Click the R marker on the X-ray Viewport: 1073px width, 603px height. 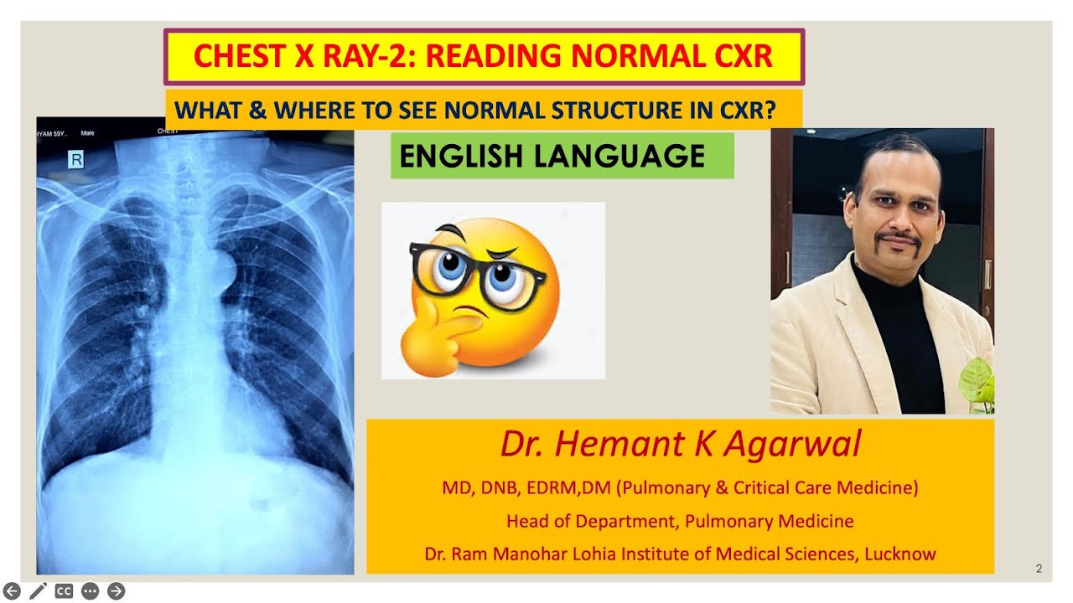click(75, 159)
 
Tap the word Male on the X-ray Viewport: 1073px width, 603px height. click(87, 133)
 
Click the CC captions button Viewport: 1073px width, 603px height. click(64, 590)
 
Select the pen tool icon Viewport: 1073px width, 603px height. click(38, 590)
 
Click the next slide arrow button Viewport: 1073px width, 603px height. click(117, 590)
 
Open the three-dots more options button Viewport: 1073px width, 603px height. click(90, 590)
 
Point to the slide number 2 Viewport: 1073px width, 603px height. click(1039, 569)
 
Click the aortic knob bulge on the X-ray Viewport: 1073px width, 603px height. click(224, 267)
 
